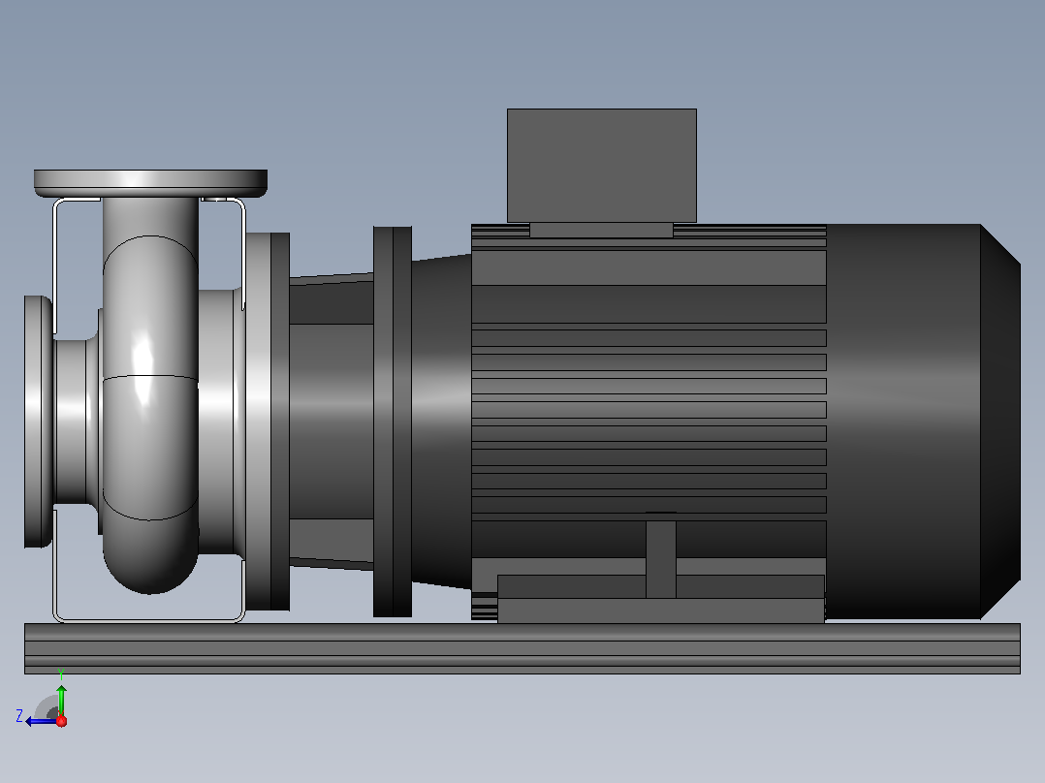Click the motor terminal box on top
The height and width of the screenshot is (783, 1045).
602,166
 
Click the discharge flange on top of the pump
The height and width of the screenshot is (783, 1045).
150,183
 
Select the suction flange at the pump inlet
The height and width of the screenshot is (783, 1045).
38,422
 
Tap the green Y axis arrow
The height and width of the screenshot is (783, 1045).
61,699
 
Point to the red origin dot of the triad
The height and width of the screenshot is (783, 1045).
61,721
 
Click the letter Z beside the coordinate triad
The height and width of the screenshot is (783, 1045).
19,716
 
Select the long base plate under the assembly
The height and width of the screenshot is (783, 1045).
522,648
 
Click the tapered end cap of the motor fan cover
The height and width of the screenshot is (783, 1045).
1000,422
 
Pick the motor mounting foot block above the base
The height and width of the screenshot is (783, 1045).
661,599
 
